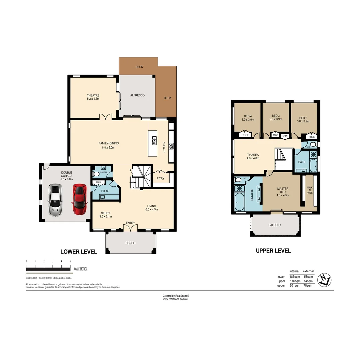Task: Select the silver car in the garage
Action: [55, 200]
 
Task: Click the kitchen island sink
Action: [154, 141]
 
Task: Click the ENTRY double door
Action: [130, 228]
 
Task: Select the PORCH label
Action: [130, 243]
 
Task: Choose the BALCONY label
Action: [275, 225]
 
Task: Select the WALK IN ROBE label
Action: [309, 190]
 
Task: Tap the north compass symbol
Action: [324, 280]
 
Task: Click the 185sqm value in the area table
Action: [294, 277]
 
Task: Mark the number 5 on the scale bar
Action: [70, 261]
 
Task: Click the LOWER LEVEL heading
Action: [78, 252]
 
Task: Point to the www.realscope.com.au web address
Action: [176, 299]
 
